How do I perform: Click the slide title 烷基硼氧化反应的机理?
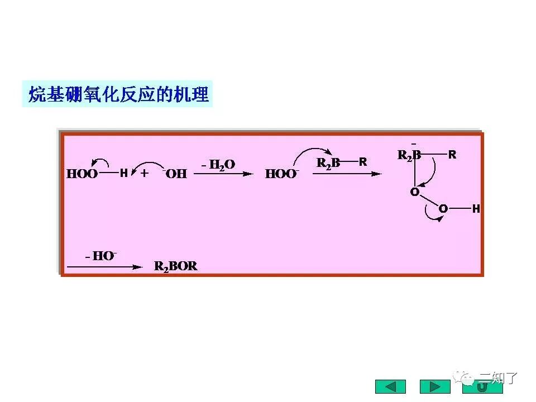[118, 95]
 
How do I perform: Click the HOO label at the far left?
[82, 174]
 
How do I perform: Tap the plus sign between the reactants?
[145, 174]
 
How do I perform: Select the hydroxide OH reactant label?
[175, 174]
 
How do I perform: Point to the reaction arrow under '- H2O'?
[223, 174]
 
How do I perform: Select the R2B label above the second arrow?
[328, 163]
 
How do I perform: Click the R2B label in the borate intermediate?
[409, 156]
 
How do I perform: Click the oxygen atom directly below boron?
[414, 192]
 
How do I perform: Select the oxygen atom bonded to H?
[443, 209]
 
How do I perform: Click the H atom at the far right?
[476, 209]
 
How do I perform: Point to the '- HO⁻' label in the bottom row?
[101, 256]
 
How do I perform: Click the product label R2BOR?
[176, 266]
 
